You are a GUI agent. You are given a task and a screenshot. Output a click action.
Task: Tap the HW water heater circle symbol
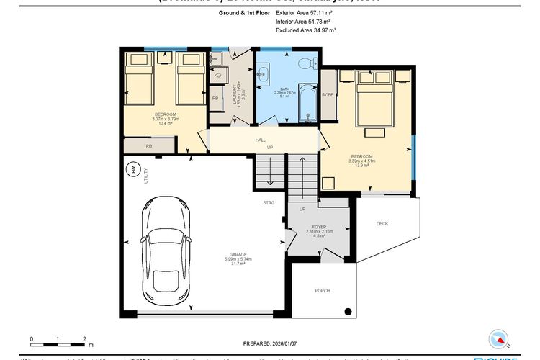pyautogui.click(x=133, y=170)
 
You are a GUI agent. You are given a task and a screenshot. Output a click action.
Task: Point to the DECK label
pyautogui.click(x=382, y=224)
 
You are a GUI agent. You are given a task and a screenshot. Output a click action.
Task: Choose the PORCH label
pyautogui.click(x=322, y=291)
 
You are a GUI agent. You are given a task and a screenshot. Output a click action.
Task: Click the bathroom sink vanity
pyautogui.click(x=262, y=73)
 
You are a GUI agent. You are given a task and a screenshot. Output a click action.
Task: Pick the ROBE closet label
pyautogui.click(x=328, y=94)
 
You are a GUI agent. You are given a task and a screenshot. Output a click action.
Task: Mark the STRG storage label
pyautogui.click(x=269, y=203)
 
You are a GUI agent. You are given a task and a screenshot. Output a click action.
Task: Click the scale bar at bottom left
pyautogui.click(x=58, y=338)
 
